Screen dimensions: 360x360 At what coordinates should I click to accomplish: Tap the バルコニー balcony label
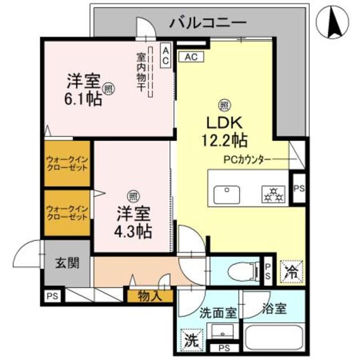coord(208,23)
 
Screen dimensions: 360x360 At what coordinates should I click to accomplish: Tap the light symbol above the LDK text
coord(223,105)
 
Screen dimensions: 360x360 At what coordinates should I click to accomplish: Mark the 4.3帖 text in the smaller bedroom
coord(134,230)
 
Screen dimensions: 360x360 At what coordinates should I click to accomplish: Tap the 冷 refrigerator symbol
coord(291,272)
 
